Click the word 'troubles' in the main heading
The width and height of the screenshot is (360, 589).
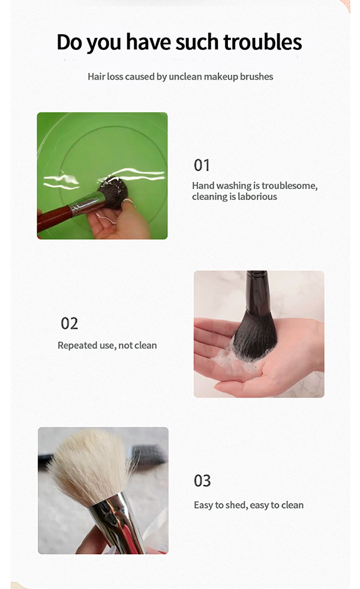pyautogui.click(x=262, y=43)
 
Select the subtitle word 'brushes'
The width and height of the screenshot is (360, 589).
pyautogui.click(x=256, y=77)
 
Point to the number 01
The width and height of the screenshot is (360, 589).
pyautogui.click(x=202, y=165)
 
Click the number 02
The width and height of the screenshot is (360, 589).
pyautogui.click(x=70, y=324)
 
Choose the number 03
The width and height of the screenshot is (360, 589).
pyautogui.click(x=202, y=481)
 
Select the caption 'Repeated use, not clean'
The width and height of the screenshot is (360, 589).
pyautogui.click(x=107, y=346)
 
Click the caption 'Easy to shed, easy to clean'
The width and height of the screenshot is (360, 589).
pyautogui.click(x=248, y=505)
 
